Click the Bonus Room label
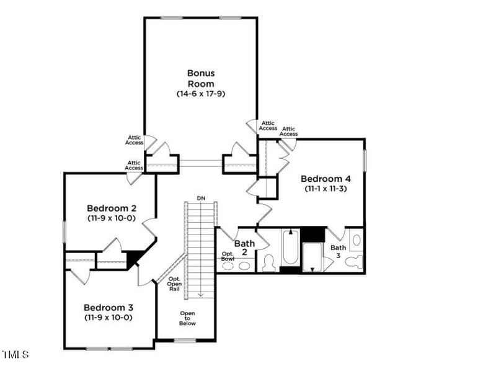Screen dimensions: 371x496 [x=201, y=78]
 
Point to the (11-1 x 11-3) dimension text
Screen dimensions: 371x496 [x=325, y=188]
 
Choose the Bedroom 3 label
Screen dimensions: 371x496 [x=108, y=307]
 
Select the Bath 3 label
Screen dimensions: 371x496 [x=339, y=251]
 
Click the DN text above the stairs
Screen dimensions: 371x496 [x=201, y=198]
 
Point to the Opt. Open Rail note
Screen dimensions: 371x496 [x=174, y=284]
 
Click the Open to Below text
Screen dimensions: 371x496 [x=187, y=318]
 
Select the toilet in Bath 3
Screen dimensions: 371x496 [x=355, y=261]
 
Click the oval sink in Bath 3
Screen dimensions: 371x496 [x=356, y=239]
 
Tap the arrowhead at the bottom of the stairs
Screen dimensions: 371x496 [x=201, y=295]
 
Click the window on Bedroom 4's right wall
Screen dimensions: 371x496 [x=365, y=161]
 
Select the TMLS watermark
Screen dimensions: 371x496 [x=15, y=355]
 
